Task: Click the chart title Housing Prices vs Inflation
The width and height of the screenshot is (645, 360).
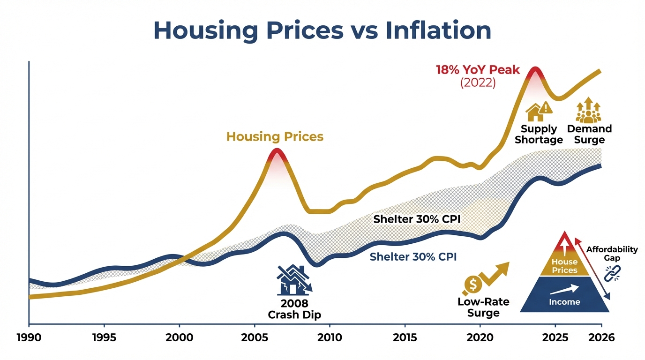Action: [322, 30]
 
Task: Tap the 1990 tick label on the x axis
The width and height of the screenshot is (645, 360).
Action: [29, 337]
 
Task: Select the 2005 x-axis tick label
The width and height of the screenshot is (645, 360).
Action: [255, 337]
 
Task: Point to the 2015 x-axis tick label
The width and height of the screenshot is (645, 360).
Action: [405, 337]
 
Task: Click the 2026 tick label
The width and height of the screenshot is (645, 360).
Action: [601, 337]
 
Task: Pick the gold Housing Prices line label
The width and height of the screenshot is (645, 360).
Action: [275, 137]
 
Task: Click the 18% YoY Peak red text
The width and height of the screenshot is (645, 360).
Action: [478, 70]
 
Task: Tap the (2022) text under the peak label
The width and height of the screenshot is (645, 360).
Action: [478, 83]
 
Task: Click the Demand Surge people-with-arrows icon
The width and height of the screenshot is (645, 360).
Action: [588, 111]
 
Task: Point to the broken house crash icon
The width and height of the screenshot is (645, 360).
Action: [294, 280]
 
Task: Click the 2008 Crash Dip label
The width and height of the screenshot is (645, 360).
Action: [294, 309]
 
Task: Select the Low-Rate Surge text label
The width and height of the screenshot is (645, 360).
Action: [483, 307]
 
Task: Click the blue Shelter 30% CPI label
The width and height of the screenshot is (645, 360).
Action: [413, 257]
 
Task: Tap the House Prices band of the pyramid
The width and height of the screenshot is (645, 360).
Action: [564, 266]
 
